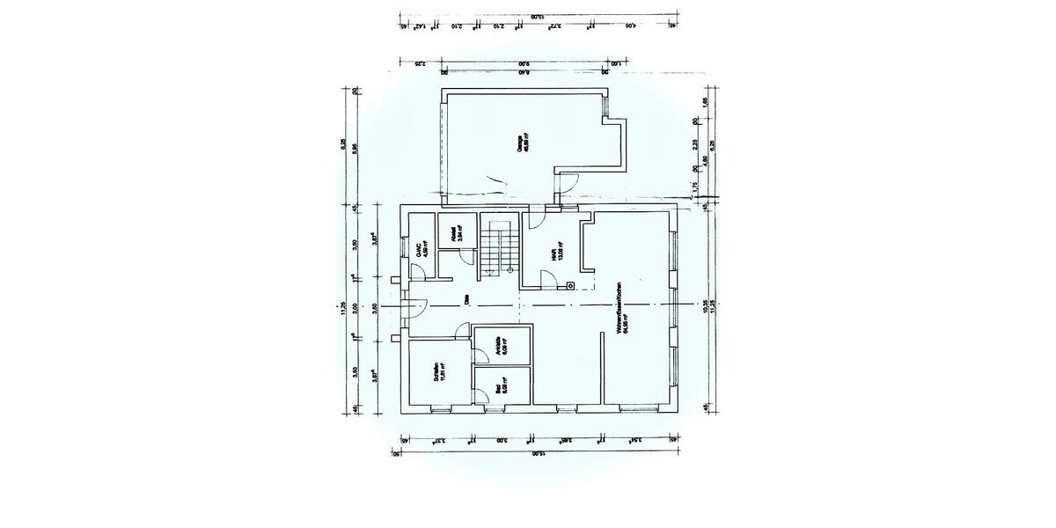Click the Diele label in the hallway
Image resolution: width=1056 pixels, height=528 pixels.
(x=466, y=300)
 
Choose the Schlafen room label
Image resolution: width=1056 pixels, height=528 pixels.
(x=438, y=374)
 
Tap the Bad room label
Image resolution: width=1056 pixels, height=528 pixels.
(x=501, y=386)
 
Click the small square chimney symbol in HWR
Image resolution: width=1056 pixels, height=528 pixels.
(x=570, y=285)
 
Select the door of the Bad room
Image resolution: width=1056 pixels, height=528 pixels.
(x=482, y=396)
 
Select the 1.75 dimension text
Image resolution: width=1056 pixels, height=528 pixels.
(x=695, y=187)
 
